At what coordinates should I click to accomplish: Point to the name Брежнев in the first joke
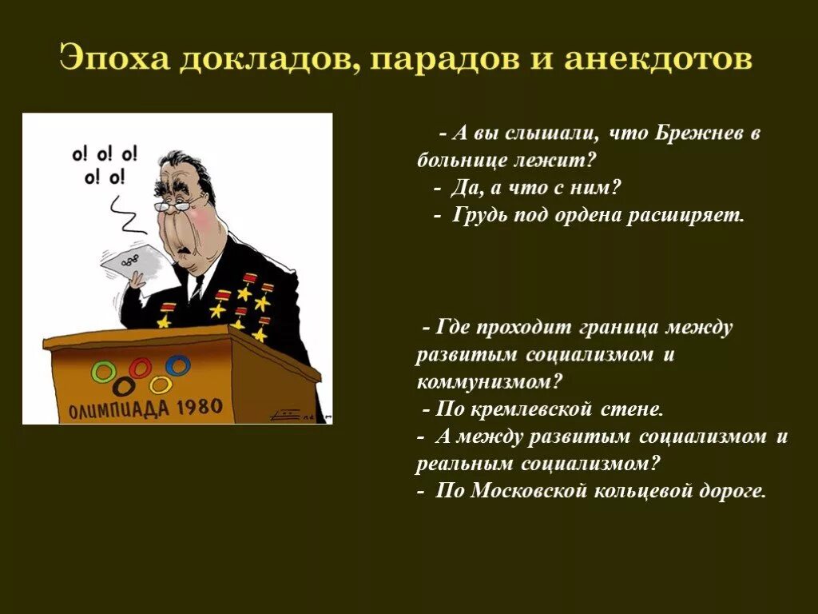(x=701, y=134)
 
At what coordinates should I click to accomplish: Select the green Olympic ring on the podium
(x=101, y=372)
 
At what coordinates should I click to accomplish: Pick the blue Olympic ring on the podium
(x=179, y=365)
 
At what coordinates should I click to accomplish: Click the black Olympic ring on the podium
(x=123, y=386)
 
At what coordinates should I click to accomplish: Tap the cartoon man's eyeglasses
(x=174, y=205)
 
